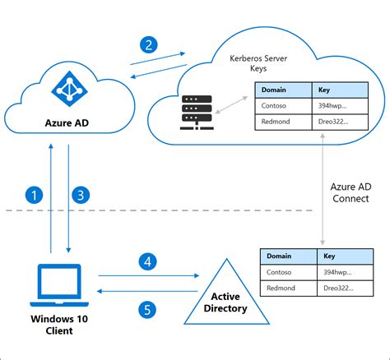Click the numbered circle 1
pos(34,195)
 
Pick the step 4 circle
pos(147,263)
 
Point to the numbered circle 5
pos(147,310)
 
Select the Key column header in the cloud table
pos(326,90)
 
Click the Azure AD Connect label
pos(351,193)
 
